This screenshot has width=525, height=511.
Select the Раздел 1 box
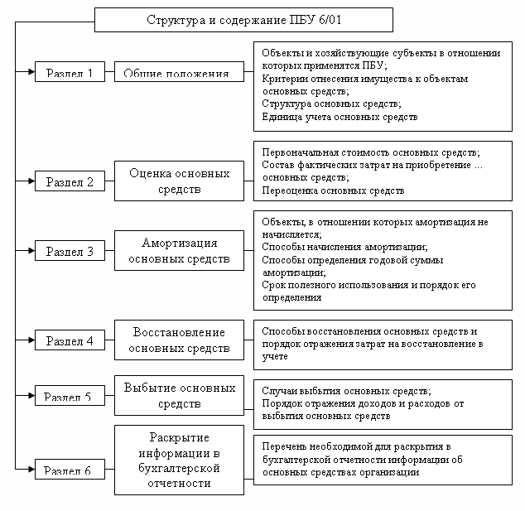coord(69,72)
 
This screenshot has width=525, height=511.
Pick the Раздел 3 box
coord(69,251)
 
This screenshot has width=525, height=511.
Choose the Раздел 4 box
coord(69,340)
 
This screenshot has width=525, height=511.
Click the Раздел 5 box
coord(69,396)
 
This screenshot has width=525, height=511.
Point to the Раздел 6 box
coord(69,471)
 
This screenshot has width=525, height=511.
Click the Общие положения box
coord(179,72)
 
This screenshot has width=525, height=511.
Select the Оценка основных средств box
coord(179,181)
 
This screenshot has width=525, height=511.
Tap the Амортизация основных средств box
coord(179,251)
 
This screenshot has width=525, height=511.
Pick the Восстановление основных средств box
coord(179,340)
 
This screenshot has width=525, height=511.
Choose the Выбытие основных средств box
coord(179,396)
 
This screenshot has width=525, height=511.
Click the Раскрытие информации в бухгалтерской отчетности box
coord(179,460)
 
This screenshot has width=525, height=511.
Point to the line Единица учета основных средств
coord(340,117)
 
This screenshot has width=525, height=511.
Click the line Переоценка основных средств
coord(333,190)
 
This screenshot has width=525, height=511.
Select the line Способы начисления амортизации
coord(344,247)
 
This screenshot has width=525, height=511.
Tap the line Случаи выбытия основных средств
coord(345,390)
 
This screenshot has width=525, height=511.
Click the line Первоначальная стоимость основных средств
coord(370,153)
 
